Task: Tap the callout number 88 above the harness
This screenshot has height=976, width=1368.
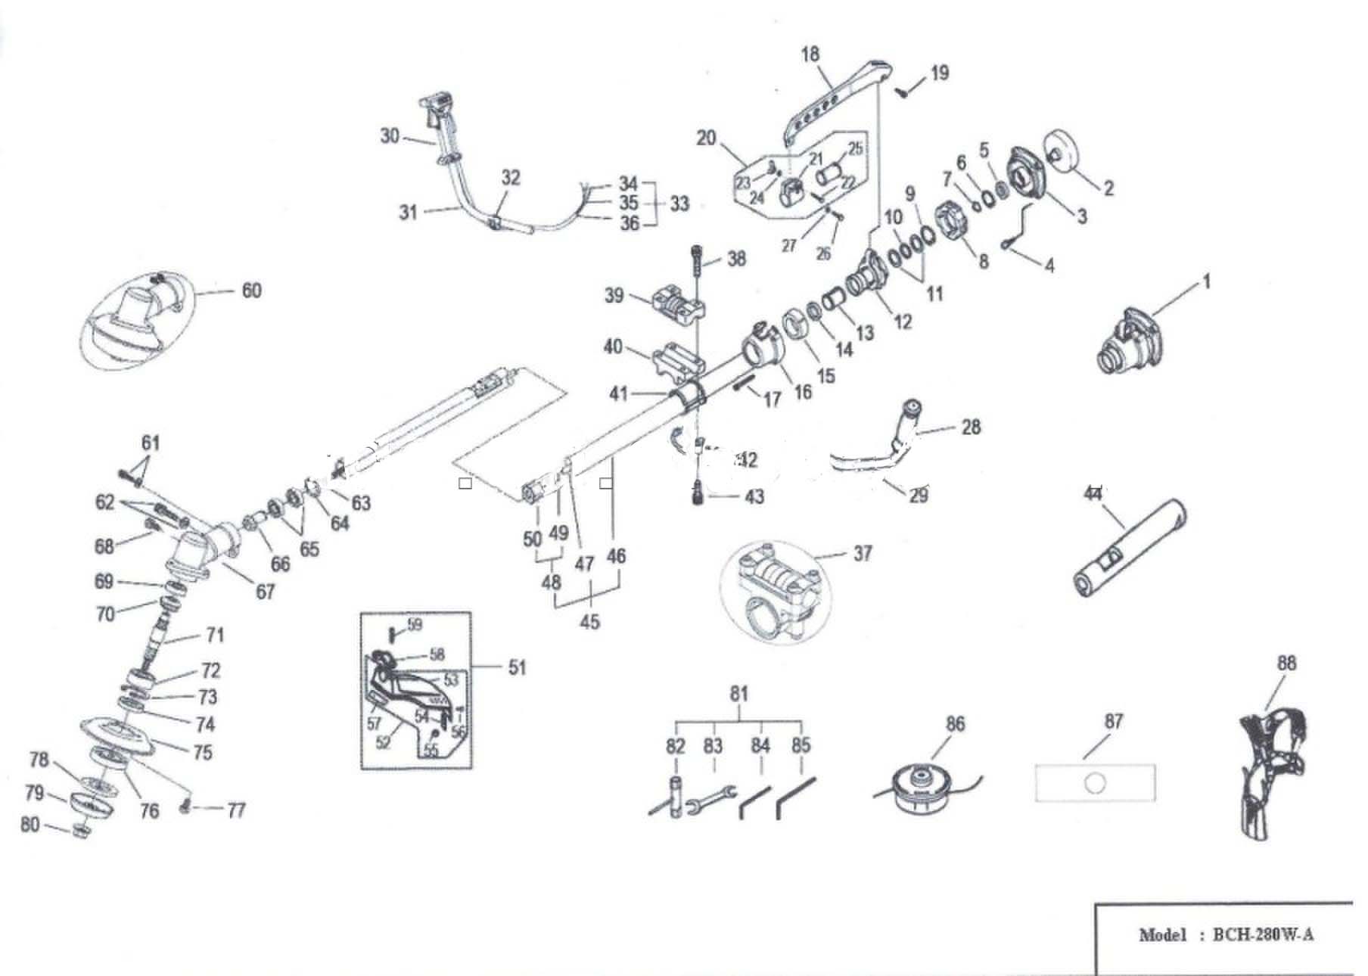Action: click(1286, 664)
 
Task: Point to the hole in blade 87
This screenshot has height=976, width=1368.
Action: click(1095, 783)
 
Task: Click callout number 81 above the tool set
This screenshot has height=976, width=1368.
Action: click(738, 694)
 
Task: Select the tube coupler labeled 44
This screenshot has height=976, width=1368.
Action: click(1129, 549)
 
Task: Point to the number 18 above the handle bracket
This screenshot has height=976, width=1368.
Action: click(810, 54)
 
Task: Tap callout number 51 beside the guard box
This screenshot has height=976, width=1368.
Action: click(517, 667)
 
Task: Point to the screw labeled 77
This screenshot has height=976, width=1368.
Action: click(186, 810)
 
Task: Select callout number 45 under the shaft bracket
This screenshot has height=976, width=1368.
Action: click(589, 622)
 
